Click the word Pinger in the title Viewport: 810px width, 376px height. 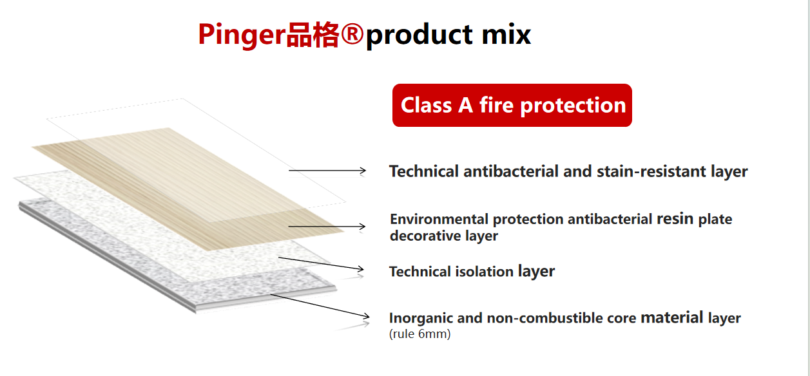pyautogui.click(x=242, y=35)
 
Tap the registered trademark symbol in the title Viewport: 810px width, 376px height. pyautogui.click(x=352, y=33)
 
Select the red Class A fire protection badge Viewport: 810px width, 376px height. pyautogui.click(x=512, y=105)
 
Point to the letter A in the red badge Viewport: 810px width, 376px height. pyautogui.click(x=465, y=105)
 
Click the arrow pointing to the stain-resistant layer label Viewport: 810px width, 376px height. pyautogui.click(x=327, y=171)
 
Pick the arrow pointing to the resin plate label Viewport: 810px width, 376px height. pyautogui.click(x=327, y=227)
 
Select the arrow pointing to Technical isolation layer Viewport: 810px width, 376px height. pyautogui.click(x=321, y=264)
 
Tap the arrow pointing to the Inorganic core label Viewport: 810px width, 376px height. pyautogui.click(x=320, y=306)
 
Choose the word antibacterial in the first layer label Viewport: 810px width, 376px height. pyautogui.click(x=511, y=171)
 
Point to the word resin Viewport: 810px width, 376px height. pyautogui.click(x=675, y=219)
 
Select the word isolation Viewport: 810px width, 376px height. pyautogui.click(x=484, y=272)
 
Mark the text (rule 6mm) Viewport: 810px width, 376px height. pyautogui.click(x=420, y=334)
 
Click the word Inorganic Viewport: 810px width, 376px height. pyautogui.click(x=421, y=319)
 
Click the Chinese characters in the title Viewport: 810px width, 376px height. pyautogui.click(x=313, y=35)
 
